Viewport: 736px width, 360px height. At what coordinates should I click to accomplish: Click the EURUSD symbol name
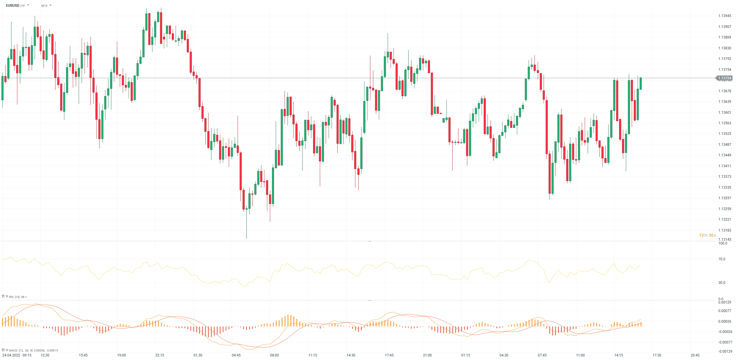click(x=12, y=6)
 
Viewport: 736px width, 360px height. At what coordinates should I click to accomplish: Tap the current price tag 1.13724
click(x=724, y=78)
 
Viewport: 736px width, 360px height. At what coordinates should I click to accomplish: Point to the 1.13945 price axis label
click(x=725, y=16)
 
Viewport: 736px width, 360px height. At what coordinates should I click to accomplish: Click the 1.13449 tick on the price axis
click(x=725, y=155)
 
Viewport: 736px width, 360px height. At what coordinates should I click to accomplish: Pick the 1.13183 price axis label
click(x=725, y=230)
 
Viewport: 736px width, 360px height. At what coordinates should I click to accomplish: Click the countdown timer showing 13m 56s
click(x=707, y=235)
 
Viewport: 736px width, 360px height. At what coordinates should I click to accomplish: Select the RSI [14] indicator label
click(x=14, y=297)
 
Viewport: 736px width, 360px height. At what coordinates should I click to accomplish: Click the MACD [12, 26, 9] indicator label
click(x=21, y=350)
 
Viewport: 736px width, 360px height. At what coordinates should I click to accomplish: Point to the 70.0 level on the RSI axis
click(x=722, y=259)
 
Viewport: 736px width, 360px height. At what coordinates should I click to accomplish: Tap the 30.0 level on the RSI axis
click(x=722, y=283)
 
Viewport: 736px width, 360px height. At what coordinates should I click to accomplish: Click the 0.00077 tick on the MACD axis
click(x=725, y=311)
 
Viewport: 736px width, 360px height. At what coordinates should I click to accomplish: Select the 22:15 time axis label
click(x=159, y=355)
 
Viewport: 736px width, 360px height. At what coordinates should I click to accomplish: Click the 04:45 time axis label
click(x=236, y=355)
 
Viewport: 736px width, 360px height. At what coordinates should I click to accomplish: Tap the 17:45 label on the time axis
click(x=389, y=355)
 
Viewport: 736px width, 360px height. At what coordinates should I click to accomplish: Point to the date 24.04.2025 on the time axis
click(x=11, y=355)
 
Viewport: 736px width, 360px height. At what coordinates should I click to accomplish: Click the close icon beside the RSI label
click(x=7, y=297)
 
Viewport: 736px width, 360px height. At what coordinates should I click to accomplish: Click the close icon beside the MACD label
click(x=7, y=350)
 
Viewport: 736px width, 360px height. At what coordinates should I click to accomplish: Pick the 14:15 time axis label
click(x=619, y=355)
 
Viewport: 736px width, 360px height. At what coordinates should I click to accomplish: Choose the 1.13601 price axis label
click(x=725, y=113)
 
